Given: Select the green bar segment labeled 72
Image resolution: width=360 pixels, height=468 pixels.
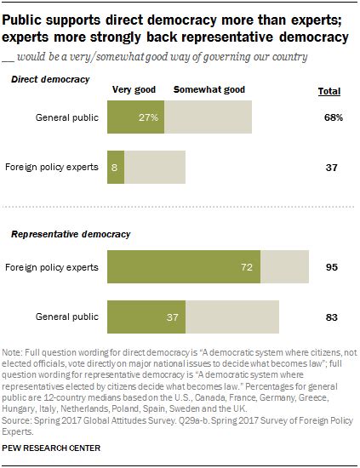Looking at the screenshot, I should coord(186,267).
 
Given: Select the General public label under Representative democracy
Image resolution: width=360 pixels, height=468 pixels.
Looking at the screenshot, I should coord(70,317).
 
